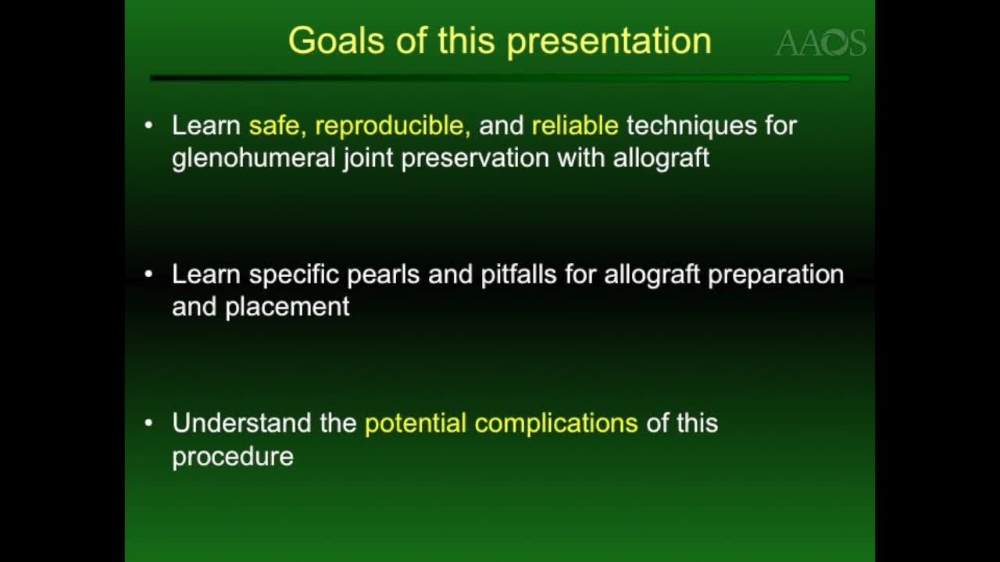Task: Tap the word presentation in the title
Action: tap(609, 41)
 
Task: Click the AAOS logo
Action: tap(820, 44)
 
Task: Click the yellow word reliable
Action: tap(575, 126)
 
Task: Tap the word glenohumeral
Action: tap(255, 158)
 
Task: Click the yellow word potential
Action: tap(415, 424)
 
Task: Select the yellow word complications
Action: tap(555, 424)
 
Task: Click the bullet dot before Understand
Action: tap(149, 423)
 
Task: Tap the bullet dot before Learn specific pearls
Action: tap(149, 275)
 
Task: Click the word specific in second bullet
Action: tap(295, 276)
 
